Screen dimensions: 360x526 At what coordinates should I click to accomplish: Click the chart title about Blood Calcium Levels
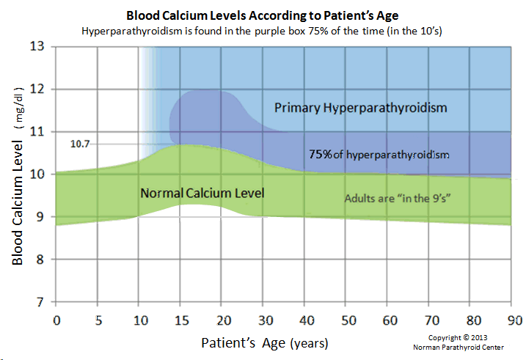click(x=263, y=15)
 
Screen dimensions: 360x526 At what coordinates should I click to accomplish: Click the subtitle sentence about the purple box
click(x=263, y=32)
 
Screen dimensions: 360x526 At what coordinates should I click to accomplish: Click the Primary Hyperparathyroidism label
click(x=360, y=108)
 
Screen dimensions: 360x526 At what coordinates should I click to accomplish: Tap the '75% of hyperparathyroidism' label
click(x=379, y=155)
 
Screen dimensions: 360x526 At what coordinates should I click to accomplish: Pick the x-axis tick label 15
click(x=180, y=320)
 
